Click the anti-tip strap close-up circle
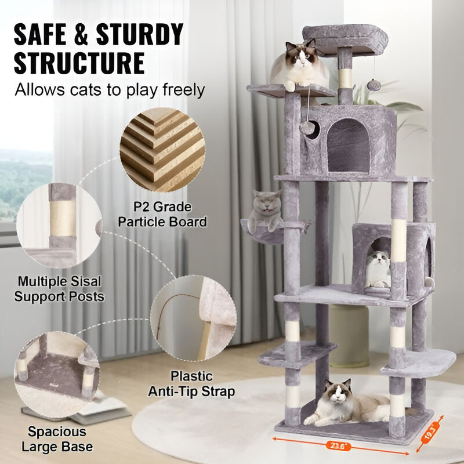point(194,317)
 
